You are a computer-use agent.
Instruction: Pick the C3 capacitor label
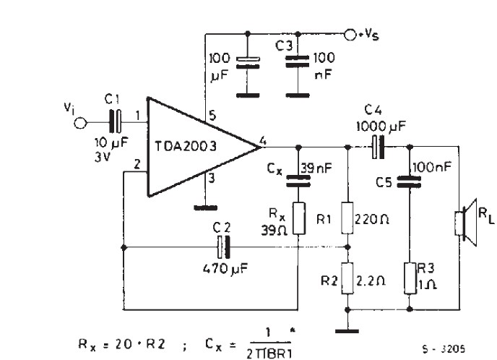[283, 47]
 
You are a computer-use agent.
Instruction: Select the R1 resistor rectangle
[347, 218]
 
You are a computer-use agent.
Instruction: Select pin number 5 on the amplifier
[212, 115]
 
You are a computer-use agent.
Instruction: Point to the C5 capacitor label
[384, 183]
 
